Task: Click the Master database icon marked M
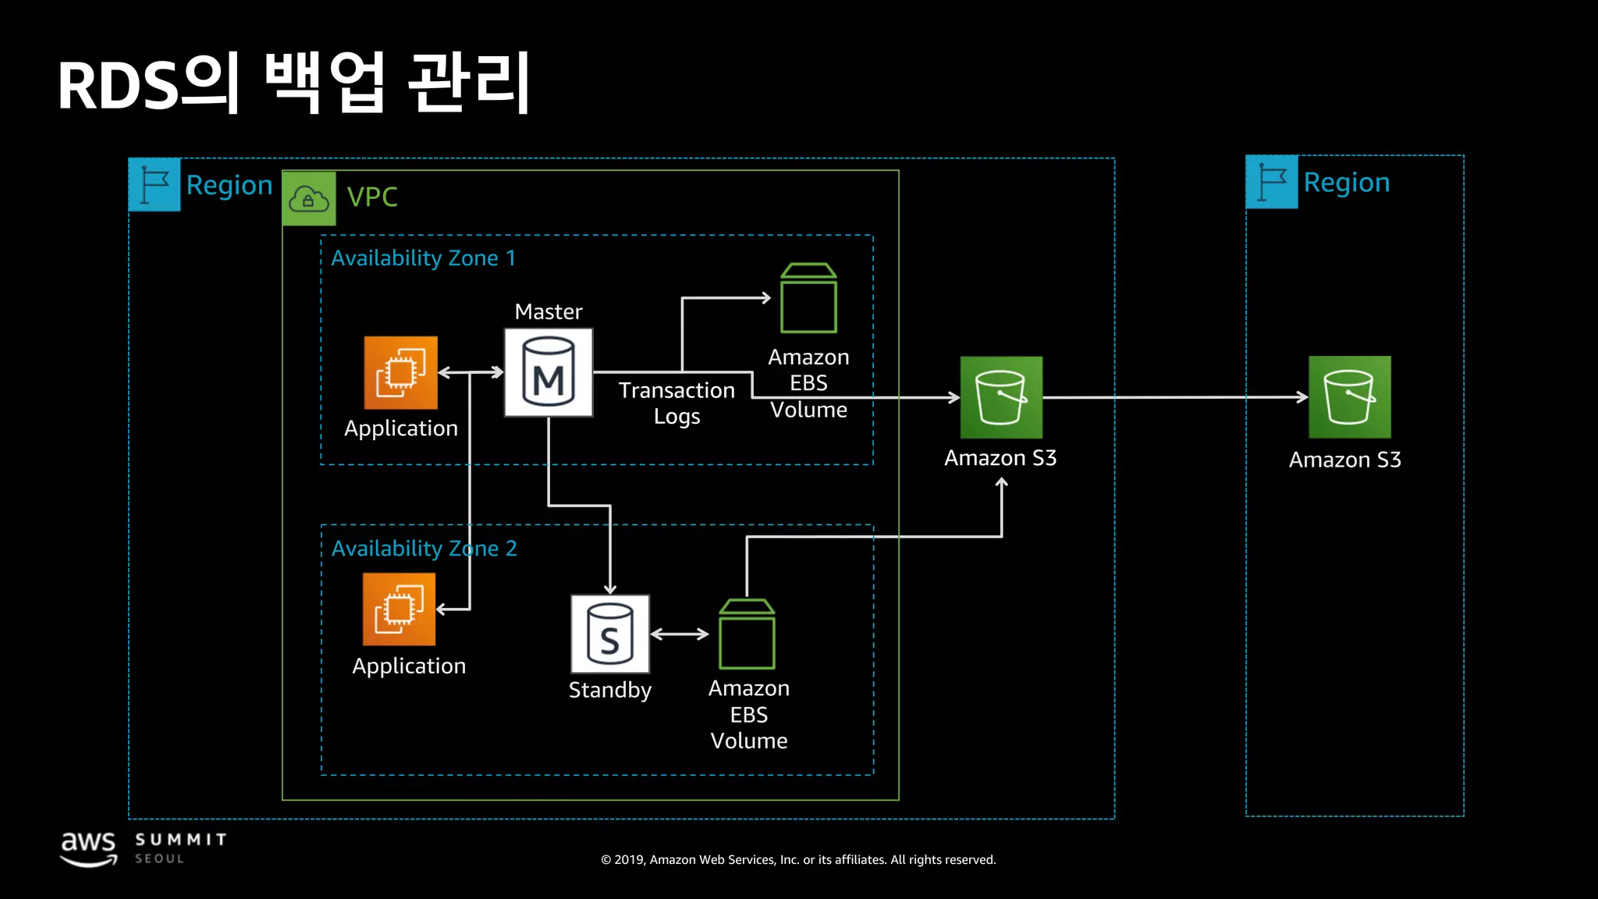pyautogui.click(x=548, y=372)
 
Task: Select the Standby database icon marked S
pyautogui.click(x=609, y=634)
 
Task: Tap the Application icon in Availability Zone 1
pyautogui.click(x=400, y=373)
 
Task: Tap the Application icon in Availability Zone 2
pyautogui.click(x=399, y=609)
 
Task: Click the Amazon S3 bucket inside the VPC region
pyautogui.click(x=1000, y=397)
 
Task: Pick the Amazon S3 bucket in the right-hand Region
pyautogui.click(x=1349, y=397)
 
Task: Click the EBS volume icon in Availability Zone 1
pyautogui.click(x=808, y=299)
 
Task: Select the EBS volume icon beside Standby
pyautogui.click(x=747, y=634)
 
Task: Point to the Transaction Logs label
pyautogui.click(x=676, y=403)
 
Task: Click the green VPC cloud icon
pyautogui.click(x=309, y=198)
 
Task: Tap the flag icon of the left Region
pyautogui.click(x=154, y=185)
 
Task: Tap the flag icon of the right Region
pyautogui.click(x=1272, y=182)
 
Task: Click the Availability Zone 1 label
pyautogui.click(x=423, y=258)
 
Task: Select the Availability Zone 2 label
pyautogui.click(x=424, y=549)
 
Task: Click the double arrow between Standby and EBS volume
pyautogui.click(x=679, y=634)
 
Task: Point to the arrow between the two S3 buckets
pyautogui.click(x=1174, y=397)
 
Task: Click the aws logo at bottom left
pyautogui.click(x=88, y=847)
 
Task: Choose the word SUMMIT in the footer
pyautogui.click(x=180, y=840)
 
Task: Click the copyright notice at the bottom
pyautogui.click(x=798, y=860)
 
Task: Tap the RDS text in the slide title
pyautogui.click(x=117, y=86)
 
